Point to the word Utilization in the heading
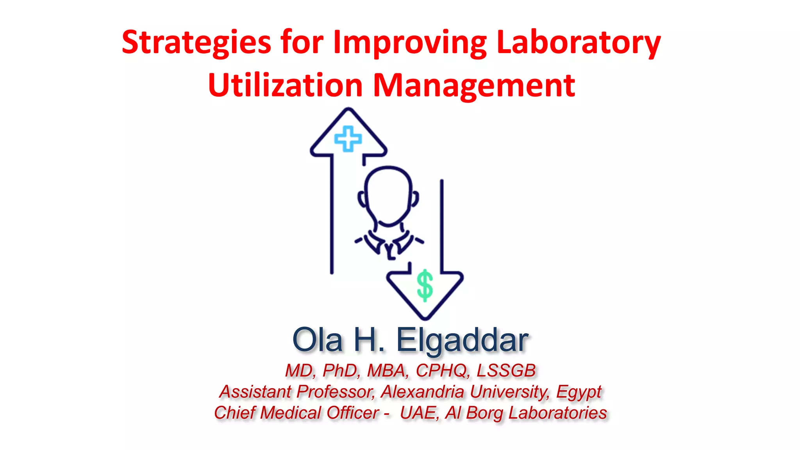click(x=286, y=85)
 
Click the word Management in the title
click(x=474, y=85)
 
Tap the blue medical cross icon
click(x=348, y=139)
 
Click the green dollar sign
click(x=425, y=286)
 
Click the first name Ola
click(x=317, y=340)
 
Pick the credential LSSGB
click(x=506, y=370)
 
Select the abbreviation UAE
click(x=418, y=413)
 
